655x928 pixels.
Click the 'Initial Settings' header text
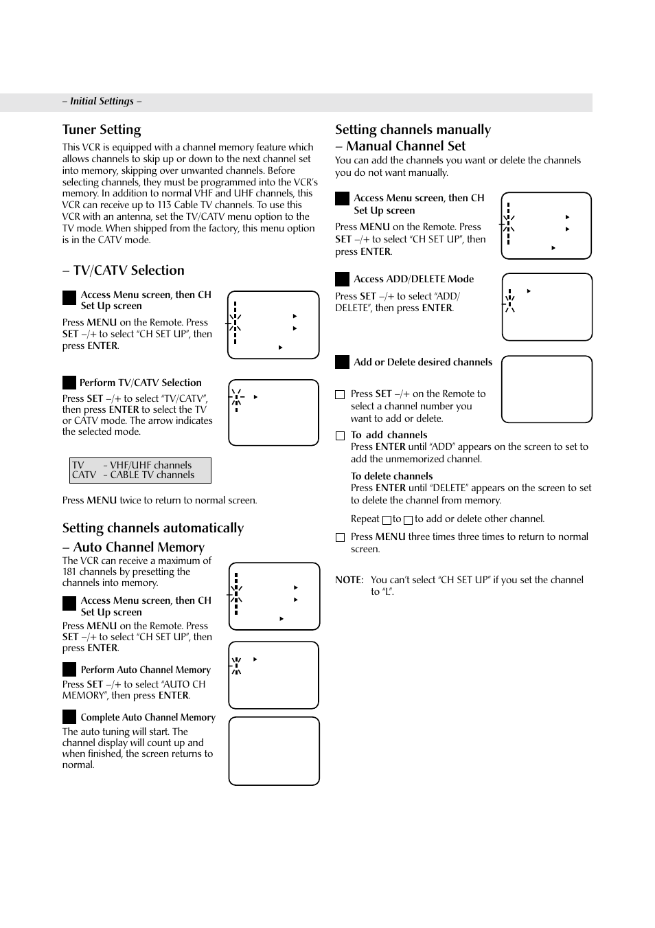tap(102, 101)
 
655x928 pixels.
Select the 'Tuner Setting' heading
tap(102, 130)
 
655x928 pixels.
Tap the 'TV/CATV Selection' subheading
tap(128, 271)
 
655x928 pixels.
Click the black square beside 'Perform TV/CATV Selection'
tap(69, 383)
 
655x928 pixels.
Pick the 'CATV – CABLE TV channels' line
tap(133, 475)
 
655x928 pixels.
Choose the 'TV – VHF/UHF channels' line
tap(132, 465)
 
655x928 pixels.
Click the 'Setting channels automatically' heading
tap(152, 528)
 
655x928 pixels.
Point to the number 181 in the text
tap(70, 571)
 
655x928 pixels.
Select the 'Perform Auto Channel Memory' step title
tap(146, 670)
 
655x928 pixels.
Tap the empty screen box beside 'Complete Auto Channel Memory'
tap(274, 751)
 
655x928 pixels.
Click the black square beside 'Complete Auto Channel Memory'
tap(69, 717)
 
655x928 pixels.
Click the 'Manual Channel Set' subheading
tap(405, 146)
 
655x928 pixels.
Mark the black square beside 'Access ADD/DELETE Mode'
tap(342, 279)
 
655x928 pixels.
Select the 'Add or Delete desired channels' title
tap(423, 362)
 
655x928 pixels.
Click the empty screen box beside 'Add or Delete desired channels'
tap(547, 389)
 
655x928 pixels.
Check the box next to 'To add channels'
tap(340, 435)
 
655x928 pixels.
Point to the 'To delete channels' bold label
tap(391, 476)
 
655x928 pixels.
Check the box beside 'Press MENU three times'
tap(340, 537)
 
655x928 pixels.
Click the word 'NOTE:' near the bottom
tap(349, 580)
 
